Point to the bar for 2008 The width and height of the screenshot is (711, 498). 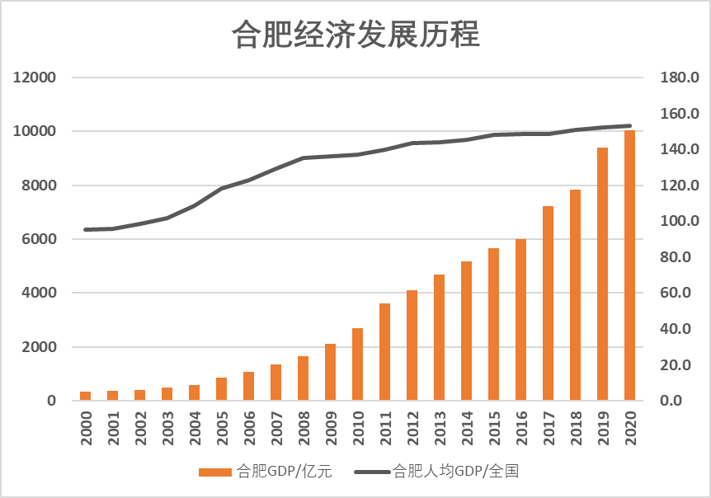(303, 378)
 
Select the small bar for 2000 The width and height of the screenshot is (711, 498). (85, 396)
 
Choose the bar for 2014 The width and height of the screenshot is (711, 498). (466, 331)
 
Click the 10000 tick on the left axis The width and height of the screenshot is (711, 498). (35, 132)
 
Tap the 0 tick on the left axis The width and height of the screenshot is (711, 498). (51, 401)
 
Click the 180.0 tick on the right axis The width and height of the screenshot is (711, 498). (680, 78)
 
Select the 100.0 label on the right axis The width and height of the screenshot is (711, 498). (680, 222)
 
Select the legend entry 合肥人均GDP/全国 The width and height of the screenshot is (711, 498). (438, 472)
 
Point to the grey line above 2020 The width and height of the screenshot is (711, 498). (629, 126)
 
